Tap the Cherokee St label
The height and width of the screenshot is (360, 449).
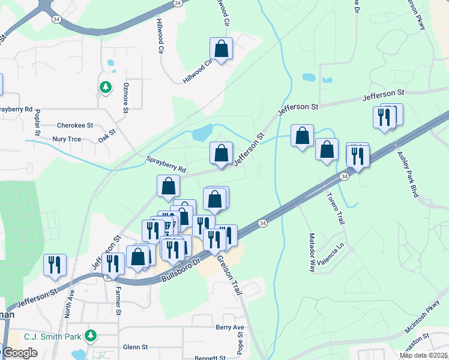75,126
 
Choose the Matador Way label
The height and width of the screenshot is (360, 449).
312,253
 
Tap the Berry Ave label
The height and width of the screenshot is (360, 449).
231,328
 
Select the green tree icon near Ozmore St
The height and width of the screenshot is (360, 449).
106,88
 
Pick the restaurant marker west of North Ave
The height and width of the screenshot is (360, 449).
55,265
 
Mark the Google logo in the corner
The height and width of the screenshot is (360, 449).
19,353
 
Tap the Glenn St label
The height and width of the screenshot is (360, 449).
135,347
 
